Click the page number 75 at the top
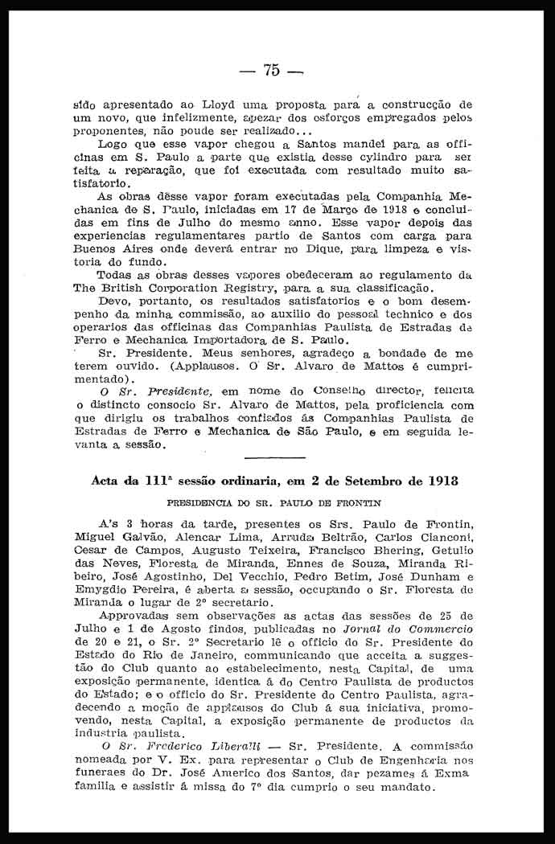pyautogui.click(x=271, y=71)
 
